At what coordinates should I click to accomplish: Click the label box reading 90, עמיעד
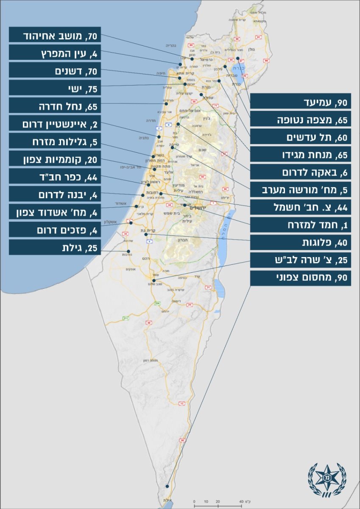pos(300,102)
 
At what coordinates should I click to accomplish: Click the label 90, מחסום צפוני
pos(300,278)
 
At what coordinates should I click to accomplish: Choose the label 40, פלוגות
pos(300,243)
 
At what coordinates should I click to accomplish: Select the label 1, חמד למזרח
pos(300,225)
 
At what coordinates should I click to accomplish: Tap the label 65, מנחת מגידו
pos(300,155)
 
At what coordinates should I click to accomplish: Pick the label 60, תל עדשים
pos(300,137)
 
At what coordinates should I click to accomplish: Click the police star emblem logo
pos(327,480)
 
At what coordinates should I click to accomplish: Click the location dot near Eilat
pos(167,487)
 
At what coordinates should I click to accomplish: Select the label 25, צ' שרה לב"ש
pos(300,260)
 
